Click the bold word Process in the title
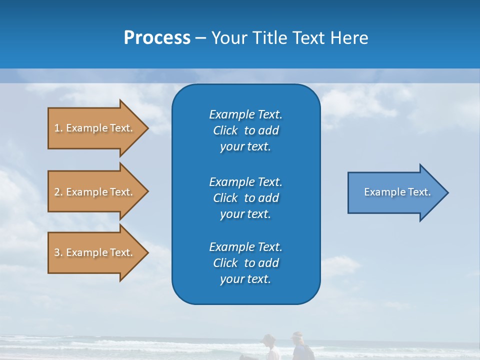tap(157, 37)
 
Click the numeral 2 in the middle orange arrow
tap(57, 192)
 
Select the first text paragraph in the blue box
tap(245, 130)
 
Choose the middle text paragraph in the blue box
tap(245, 198)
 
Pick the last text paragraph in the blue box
tap(245, 263)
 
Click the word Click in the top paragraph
tap(225, 130)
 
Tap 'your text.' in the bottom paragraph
tap(245, 279)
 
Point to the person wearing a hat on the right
tap(298, 342)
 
